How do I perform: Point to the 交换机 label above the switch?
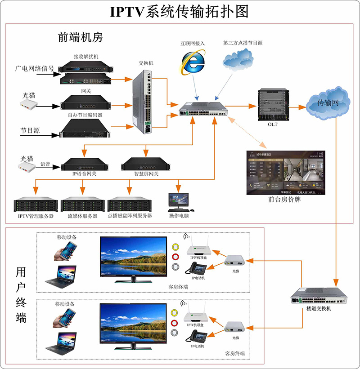(x=146, y=63)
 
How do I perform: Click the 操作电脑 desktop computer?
(x=179, y=202)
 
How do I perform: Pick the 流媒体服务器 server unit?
(x=82, y=205)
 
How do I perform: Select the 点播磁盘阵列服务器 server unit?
(x=129, y=205)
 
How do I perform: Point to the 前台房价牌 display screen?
(x=285, y=173)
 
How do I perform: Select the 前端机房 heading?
(x=81, y=37)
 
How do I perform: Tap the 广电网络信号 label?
(x=35, y=69)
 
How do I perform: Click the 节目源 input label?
(x=30, y=131)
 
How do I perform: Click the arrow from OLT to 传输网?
(x=297, y=107)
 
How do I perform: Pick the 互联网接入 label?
(x=193, y=44)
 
